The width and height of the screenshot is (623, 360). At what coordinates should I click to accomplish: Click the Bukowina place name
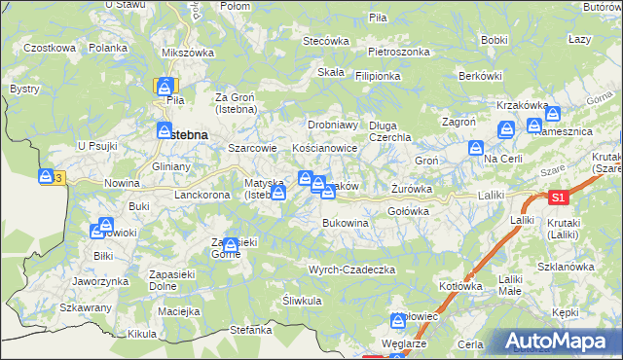tap(346, 223)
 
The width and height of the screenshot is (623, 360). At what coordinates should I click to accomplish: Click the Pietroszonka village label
tap(399, 51)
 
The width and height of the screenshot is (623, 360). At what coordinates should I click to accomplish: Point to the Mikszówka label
tap(188, 52)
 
